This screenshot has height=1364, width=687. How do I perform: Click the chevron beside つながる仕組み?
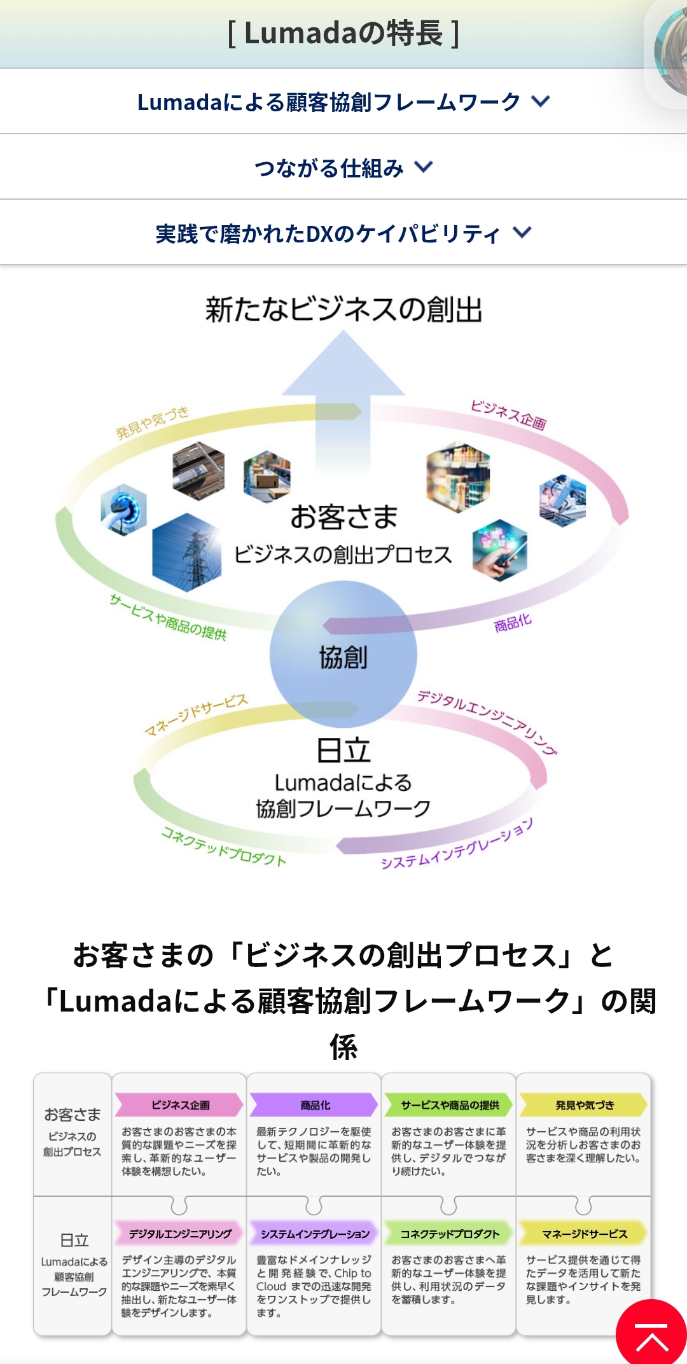(x=424, y=167)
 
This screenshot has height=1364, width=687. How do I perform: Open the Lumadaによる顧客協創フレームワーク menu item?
(x=330, y=102)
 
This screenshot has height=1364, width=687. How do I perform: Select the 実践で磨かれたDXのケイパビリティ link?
(x=328, y=233)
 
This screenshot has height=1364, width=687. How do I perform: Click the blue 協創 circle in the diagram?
(x=343, y=655)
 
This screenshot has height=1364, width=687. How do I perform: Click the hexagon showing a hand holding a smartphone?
(x=500, y=550)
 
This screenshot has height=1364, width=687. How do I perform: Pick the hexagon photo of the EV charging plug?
(x=124, y=509)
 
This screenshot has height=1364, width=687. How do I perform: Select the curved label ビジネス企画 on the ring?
(x=508, y=415)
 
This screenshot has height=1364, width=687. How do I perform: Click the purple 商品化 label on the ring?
(x=513, y=623)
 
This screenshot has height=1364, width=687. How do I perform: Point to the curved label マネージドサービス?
(x=196, y=714)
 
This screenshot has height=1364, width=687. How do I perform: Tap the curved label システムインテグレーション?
(x=457, y=844)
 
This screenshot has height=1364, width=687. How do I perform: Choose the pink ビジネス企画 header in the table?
(x=180, y=1105)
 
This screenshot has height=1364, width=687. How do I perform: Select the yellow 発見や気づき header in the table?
(x=584, y=1105)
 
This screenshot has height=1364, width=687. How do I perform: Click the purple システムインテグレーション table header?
(x=315, y=1234)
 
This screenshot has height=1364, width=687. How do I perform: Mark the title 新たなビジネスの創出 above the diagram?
(x=343, y=310)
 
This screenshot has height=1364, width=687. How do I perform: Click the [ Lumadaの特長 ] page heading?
(x=343, y=33)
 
